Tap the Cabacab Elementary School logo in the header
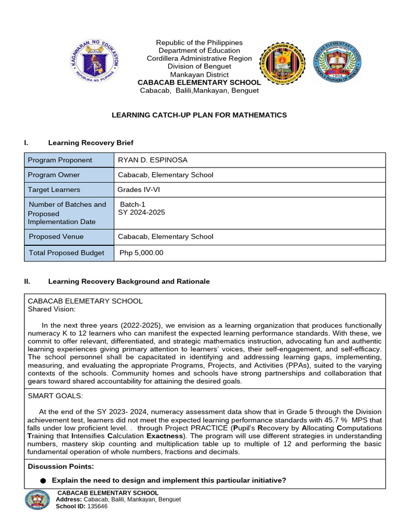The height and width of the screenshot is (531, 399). [337, 63]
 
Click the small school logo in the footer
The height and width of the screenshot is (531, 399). [38, 500]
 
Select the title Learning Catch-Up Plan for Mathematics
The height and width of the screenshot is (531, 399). [199, 115]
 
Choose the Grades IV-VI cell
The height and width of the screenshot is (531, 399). [139, 190]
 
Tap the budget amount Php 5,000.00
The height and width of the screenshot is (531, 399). [141, 253]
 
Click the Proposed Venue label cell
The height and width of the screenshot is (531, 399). [56, 236]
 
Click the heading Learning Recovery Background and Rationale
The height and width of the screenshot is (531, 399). [129, 282]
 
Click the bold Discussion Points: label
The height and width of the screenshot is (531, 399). [61, 467]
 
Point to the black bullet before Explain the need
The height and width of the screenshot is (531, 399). [43, 481]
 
